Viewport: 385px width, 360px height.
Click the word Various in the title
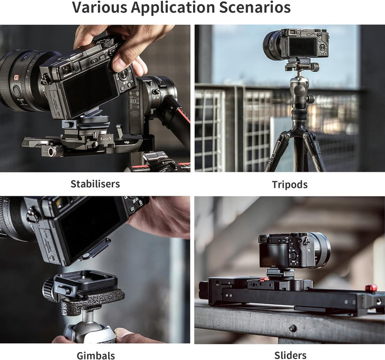(x=99, y=7)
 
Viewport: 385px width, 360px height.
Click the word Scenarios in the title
(x=255, y=7)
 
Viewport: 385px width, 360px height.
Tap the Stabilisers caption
(x=95, y=184)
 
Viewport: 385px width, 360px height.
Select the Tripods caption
(x=290, y=185)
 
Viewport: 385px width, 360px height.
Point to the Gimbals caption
(x=96, y=355)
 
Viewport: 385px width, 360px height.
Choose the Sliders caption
(x=290, y=355)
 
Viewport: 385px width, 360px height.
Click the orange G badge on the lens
(x=16, y=78)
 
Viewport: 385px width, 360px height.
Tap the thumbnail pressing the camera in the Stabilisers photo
(x=119, y=65)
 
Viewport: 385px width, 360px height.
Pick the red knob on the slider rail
(x=371, y=288)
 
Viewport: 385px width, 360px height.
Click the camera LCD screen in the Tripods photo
(x=303, y=47)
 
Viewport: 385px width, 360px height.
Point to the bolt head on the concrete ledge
(x=292, y=328)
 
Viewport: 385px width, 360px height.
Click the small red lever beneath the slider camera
(x=262, y=279)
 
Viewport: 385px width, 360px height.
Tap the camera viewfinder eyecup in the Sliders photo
(x=262, y=239)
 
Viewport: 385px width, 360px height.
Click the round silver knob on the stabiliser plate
(x=51, y=152)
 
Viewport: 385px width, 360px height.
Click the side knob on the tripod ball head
(x=311, y=99)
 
